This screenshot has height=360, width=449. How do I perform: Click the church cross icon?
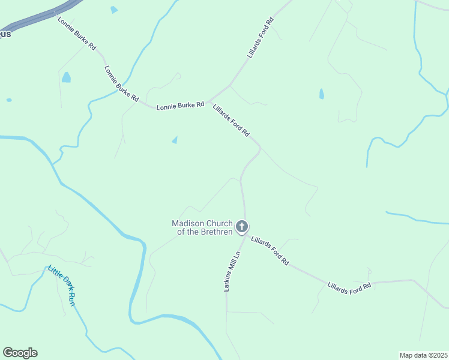(x=242, y=226)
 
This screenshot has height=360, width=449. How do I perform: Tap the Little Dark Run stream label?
(x=62, y=286)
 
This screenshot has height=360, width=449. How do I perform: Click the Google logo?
(x=20, y=353)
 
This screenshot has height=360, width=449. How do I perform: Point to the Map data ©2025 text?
(x=423, y=355)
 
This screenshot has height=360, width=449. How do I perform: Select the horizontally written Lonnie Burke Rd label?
(x=180, y=106)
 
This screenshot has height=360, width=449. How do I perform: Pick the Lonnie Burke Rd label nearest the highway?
(x=77, y=34)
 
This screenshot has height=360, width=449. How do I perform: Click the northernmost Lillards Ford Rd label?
(x=261, y=37)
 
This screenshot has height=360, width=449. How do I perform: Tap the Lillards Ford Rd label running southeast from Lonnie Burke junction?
(x=231, y=120)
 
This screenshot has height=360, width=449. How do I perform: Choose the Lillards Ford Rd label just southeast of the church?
(x=270, y=250)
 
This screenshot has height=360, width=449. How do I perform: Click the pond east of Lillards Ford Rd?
(x=322, y=94)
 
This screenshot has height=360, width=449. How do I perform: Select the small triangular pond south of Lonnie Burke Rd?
(x=175, y=140)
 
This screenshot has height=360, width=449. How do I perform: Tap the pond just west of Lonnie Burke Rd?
(x=66, y=77)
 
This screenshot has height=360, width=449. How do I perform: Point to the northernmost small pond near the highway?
(x=114, y=10)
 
